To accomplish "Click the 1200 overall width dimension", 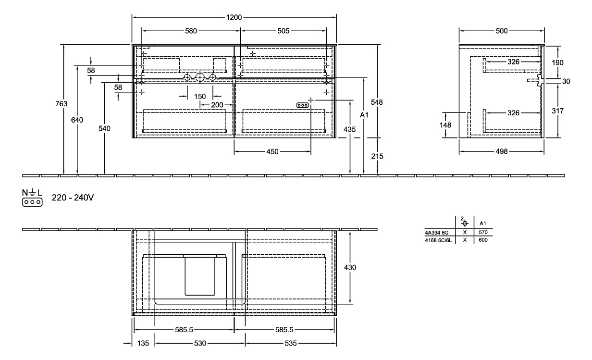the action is [234, 17].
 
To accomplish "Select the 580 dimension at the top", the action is [191, 31].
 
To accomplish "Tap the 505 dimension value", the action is [284, 31].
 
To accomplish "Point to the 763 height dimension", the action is [62, 104].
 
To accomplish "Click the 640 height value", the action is [77, 120].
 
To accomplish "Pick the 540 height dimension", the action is [104, 129].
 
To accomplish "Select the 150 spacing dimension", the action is [200, 97].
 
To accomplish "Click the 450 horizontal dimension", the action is [272, 152].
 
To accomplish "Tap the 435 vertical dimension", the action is [350, 129].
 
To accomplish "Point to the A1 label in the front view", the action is [364, 115].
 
